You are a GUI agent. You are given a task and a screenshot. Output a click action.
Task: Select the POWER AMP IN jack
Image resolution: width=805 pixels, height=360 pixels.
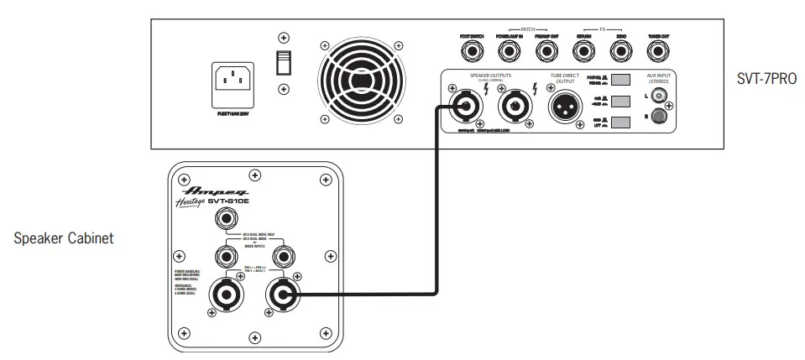(509, 51)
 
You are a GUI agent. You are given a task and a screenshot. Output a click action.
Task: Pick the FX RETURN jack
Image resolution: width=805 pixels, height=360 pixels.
(583, 51)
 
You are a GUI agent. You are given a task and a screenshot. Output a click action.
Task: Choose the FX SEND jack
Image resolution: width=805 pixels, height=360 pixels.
(619, 51)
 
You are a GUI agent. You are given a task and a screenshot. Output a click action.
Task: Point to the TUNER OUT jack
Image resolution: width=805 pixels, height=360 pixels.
(658, 51)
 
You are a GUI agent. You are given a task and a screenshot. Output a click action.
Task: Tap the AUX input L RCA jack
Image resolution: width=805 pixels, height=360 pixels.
(660, 97)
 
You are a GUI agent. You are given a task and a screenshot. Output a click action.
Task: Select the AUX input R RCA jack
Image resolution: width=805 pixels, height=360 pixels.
(660, 117)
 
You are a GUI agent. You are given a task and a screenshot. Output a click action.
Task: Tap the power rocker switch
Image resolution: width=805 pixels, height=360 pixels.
(284, 64)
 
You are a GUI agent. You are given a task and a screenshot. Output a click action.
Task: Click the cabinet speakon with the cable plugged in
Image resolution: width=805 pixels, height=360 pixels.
(280, 294)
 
